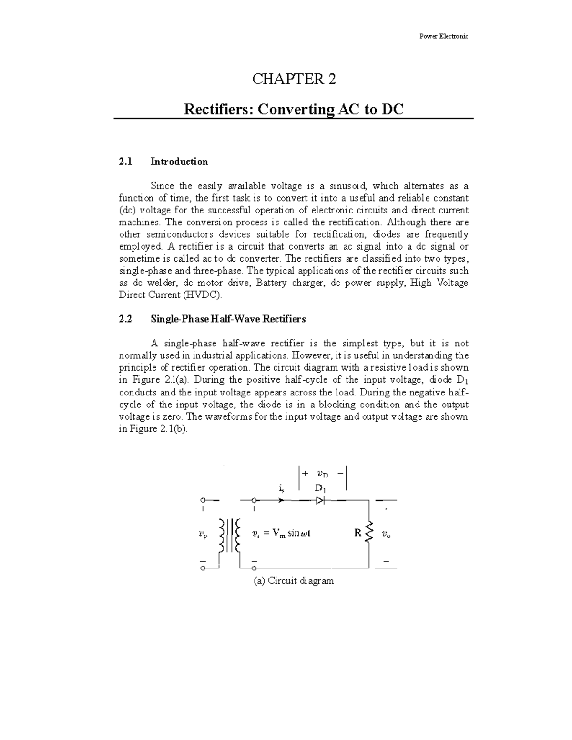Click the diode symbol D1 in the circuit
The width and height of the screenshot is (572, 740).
320,500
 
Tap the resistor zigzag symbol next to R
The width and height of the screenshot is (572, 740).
368,534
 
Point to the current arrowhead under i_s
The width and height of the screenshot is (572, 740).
282,500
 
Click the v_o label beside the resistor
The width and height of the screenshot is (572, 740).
386,535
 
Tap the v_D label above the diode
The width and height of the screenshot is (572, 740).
322,474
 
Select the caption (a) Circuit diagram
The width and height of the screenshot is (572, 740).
294,581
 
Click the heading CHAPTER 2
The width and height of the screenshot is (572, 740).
294,79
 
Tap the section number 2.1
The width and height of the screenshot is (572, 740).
125,162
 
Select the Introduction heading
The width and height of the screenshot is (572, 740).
179,162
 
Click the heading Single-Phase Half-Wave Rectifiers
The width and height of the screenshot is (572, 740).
228,319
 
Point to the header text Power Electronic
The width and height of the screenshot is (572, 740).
444,37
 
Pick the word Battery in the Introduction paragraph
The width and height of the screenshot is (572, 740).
272,283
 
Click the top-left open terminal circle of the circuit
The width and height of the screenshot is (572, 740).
203,500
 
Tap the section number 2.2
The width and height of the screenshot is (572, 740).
125,319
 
